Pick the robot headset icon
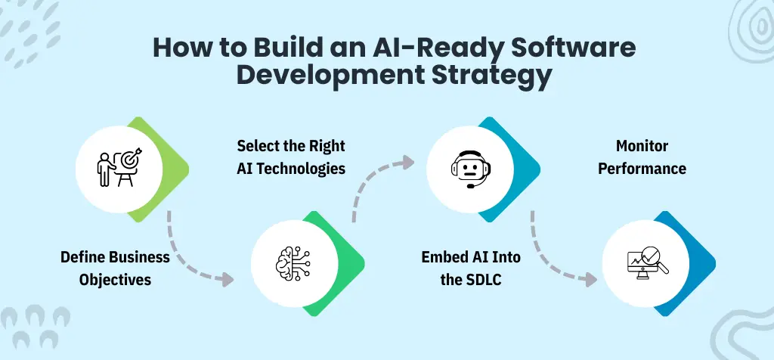(x=466, y=169)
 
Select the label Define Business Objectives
(x=115, y=268)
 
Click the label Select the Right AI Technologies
(x=291, y=157)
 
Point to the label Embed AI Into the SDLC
(x=471, y=268)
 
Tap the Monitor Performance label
(x=642, y=157)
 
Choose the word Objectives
(x=115, y=280)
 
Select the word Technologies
(x=308, y=168)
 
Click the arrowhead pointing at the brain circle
(x=227, y=280)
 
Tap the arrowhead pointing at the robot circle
(x=409, y=161)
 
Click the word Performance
(x=642, y=168)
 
